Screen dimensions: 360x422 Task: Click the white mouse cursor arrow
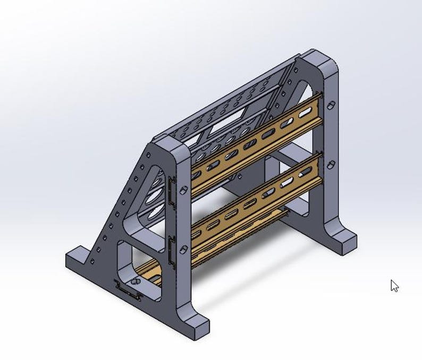pyautogui.click(x=394, y=286)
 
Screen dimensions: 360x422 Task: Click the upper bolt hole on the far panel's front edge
pyautogui.click(x=330, y=106)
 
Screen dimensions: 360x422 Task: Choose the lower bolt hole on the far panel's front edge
pyautogui.click(x=331, y=164)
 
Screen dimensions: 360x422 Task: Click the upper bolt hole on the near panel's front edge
pyautogui.click(x=183, y=190)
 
